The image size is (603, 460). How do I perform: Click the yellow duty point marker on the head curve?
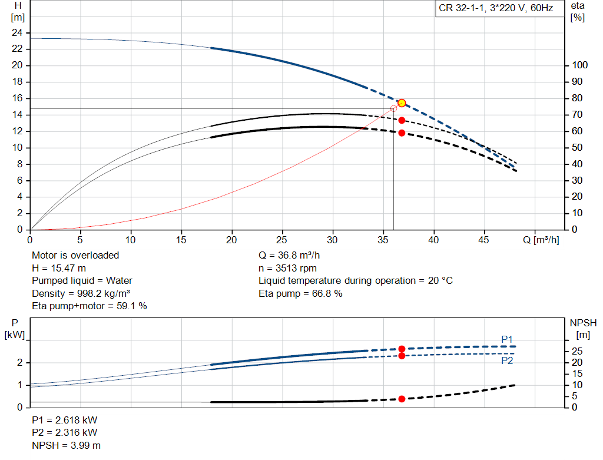tap(402, 103)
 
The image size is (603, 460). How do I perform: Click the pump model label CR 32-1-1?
tap(462, 8)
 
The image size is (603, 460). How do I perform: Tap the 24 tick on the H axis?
tap(17, 33)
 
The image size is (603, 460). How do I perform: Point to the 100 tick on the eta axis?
tap(580, 65)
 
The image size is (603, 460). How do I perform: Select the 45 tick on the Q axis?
tap(484, 240)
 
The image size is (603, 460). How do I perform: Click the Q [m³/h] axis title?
tap(541, 240)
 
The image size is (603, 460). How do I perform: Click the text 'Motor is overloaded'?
tap(75, 256)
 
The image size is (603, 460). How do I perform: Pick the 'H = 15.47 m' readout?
tap(59, 268)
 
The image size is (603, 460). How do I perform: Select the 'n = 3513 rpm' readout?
tap(287, 268)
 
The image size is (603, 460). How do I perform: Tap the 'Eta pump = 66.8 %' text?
tap(300, 293)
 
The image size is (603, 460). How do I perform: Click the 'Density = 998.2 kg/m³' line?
tap(81, 293)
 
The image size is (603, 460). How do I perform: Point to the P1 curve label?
tap(507, 339)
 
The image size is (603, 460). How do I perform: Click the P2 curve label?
tap(507, 360)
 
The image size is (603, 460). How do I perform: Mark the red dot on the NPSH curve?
tap(402, 399)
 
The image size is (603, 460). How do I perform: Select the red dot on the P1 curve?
tap(402, 349)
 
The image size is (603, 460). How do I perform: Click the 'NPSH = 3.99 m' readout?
tap(66, 445)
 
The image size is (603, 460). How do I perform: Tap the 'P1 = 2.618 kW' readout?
tap(65, 420)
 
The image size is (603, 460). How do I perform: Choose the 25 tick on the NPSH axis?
tap(577, 351)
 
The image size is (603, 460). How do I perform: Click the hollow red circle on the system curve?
tap(393, 109)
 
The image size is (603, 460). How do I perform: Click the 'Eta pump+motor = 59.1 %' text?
tap(90, 306)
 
